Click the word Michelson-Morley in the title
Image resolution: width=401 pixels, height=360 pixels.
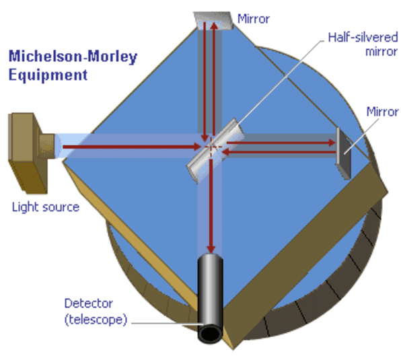tap(73, 57)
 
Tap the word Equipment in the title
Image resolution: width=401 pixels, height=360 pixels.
tap(48, 75)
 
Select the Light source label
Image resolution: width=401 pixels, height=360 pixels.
tap(46, 207)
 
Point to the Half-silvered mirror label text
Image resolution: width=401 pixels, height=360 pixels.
tap(363, 44)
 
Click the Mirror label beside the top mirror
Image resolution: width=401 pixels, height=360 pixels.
tap(254, 19)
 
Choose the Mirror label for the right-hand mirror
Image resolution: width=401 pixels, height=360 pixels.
tap(382, 112)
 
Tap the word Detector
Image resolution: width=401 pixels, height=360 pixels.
tap(89, 303)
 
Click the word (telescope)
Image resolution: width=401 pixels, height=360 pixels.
tap(96, 320)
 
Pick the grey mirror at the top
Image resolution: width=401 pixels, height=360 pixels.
tap(213, 20)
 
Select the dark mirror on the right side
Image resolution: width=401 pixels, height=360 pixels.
tap(343, 153)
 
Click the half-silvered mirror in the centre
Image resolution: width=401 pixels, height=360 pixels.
tap(215, 151)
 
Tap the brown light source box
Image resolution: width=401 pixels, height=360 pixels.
tap(28, 153)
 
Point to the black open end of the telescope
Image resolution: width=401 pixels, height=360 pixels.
tap(210, 334)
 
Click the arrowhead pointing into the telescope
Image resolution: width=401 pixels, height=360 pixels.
tap(211, 249)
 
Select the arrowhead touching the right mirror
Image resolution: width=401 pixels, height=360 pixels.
tap(332, 143)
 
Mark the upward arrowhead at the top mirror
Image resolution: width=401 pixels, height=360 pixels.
tap(215, 26)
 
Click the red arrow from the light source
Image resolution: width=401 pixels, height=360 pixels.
tap(132, 147)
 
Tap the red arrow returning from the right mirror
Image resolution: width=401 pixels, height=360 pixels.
tap(279, 152)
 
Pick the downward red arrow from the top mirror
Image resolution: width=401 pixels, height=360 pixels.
tap(205, 82)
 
